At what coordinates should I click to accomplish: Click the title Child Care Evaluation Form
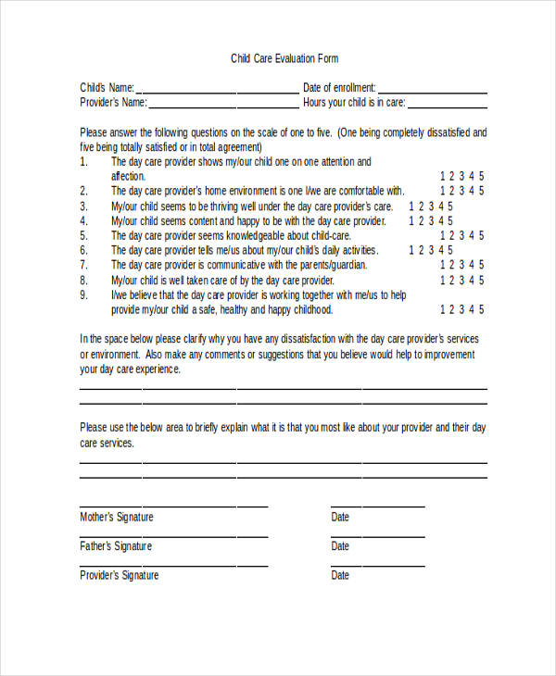point(284,59)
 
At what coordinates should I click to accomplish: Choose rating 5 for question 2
point(481,192)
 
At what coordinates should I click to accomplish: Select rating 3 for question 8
point(461,281)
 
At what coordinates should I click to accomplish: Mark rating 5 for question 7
point(481,266)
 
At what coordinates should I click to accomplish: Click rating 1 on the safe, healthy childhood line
point(443,310)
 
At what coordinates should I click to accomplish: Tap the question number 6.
point(83,251)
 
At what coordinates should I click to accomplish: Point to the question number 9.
point(83,295)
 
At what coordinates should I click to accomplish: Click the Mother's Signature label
point(117,518)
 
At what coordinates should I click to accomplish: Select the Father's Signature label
point(116,546)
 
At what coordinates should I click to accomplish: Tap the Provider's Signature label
point(120,576)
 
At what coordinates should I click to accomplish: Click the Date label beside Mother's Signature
point(340,518)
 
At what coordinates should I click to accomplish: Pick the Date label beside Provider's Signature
point(340,576)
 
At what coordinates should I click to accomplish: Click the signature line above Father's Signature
point(173,535)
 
